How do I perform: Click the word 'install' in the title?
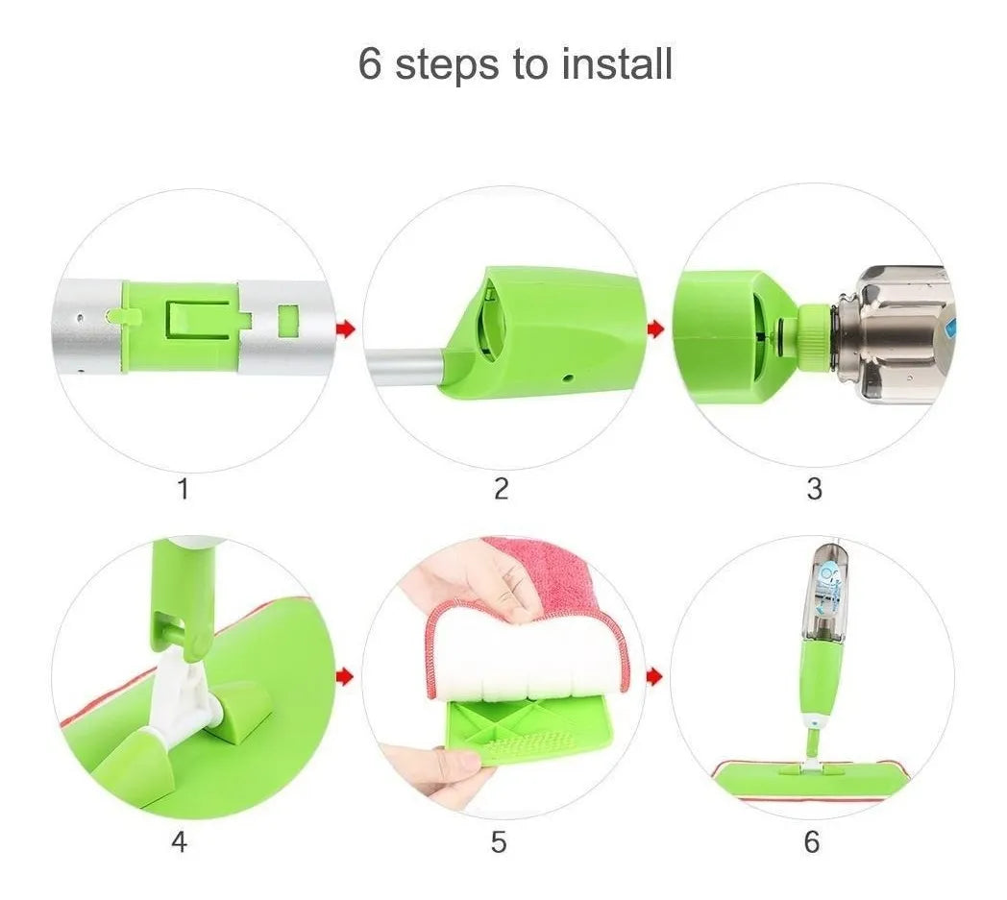[617, 63]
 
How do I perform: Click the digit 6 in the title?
[369, 63]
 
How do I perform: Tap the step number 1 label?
[183, 489]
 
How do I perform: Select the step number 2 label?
[502, 489]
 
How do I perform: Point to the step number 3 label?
[814, 489]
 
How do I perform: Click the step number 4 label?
[179, 841]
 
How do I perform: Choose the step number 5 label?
[499, 841]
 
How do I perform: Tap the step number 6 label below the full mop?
[812, 841]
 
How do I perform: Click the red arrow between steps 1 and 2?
[346, 329]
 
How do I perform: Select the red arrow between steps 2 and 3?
[655, 329]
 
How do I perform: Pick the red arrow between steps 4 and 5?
[346, 676]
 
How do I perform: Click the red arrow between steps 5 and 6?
[654, 676]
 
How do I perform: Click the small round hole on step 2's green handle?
[567, 378]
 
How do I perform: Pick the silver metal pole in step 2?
[405, 368]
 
